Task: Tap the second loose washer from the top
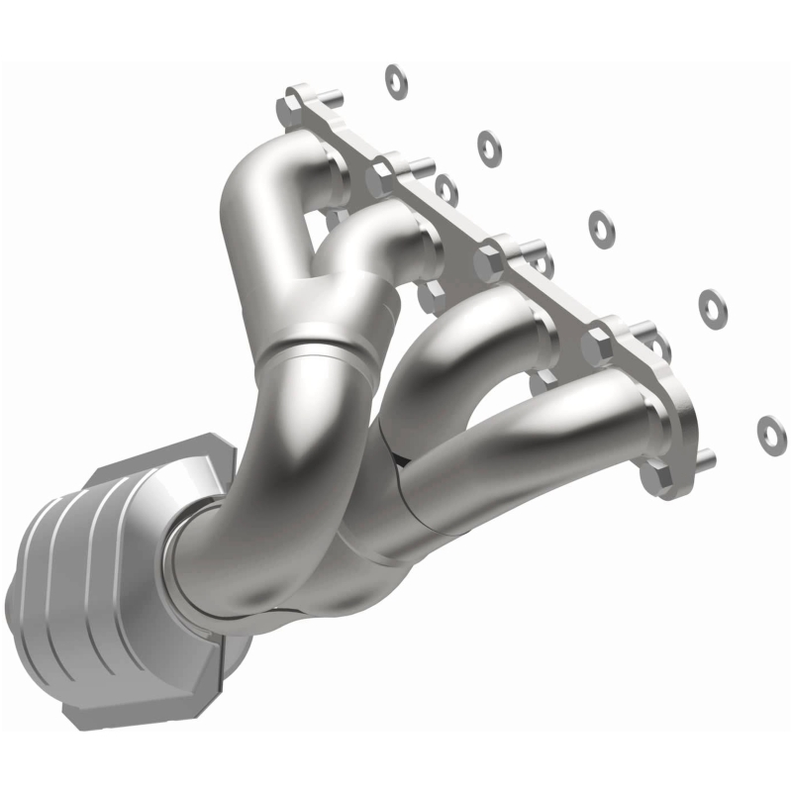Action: click(488, 148)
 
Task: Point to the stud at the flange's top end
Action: click(330, 98)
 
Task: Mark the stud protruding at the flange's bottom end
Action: click(703, 458)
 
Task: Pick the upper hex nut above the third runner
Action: click(490, 262)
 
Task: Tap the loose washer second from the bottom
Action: click(711, 305)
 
